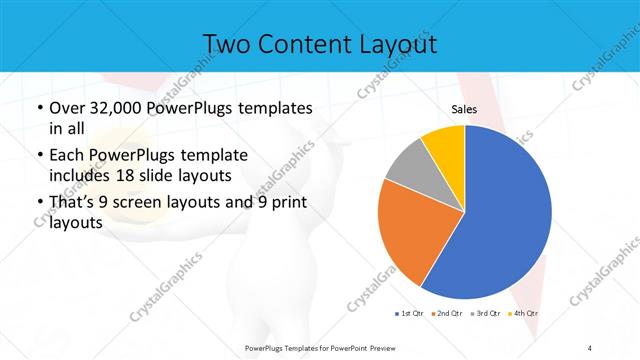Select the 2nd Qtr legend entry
click(x=448, y=314)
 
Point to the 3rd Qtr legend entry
click(x=486, y=314)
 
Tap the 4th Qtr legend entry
click(x=524, y=314)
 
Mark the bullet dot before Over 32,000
click(x=38, y=108)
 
